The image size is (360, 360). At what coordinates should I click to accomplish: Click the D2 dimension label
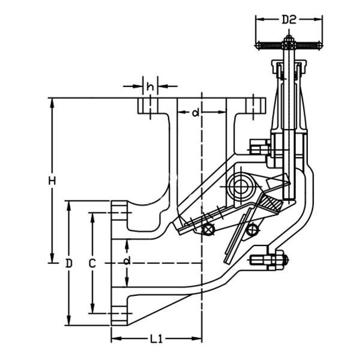(289, 19)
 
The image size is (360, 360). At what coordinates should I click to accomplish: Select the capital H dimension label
(52, 181)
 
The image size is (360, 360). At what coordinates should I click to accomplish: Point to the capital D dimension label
(70, 263)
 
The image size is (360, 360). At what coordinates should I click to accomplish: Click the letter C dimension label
(92, 263)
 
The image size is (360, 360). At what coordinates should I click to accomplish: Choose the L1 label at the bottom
(156, 340)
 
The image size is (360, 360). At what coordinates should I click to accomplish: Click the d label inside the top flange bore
(196, 113)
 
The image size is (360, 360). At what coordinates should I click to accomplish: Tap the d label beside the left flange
(127, 261)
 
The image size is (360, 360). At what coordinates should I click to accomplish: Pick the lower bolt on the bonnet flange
(268, 260)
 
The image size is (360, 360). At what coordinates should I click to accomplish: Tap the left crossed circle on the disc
(207, 229)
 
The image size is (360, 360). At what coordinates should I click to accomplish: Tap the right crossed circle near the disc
(252, 228)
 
